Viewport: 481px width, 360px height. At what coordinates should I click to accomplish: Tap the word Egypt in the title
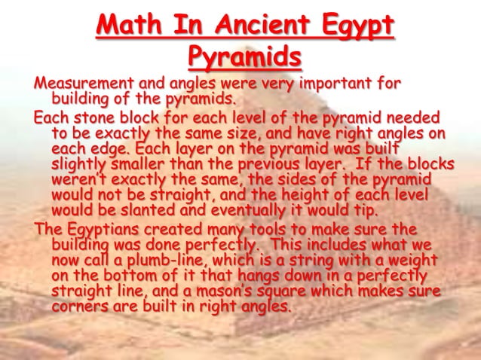point(354,26)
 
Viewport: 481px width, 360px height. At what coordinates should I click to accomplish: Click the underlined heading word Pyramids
point(244,56)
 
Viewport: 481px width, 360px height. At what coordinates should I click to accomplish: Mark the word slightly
point(79,162)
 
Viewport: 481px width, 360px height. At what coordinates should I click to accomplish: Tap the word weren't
point(79,177)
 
